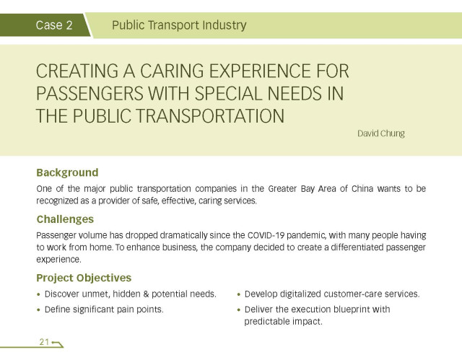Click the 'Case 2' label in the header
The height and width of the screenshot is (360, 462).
54,25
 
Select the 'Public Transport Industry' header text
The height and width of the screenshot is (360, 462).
179,25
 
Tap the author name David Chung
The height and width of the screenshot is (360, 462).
381,133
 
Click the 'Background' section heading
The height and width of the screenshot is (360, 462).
67,172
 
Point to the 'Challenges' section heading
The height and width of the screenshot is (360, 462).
65,219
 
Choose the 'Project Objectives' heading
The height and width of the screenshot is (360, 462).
84,278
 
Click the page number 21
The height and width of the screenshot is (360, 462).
44,342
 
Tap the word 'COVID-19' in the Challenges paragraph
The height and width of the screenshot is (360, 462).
266,235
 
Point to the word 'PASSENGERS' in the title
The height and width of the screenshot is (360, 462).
90,94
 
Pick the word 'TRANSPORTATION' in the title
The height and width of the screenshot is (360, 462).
211,116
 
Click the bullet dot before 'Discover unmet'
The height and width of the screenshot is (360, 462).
38,294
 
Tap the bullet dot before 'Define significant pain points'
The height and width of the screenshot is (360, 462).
38,310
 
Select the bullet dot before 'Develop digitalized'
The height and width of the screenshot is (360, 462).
239,294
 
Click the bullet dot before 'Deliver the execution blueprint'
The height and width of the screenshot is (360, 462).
239,310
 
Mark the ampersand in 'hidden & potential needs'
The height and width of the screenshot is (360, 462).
146,294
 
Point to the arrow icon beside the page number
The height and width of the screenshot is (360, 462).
57,344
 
